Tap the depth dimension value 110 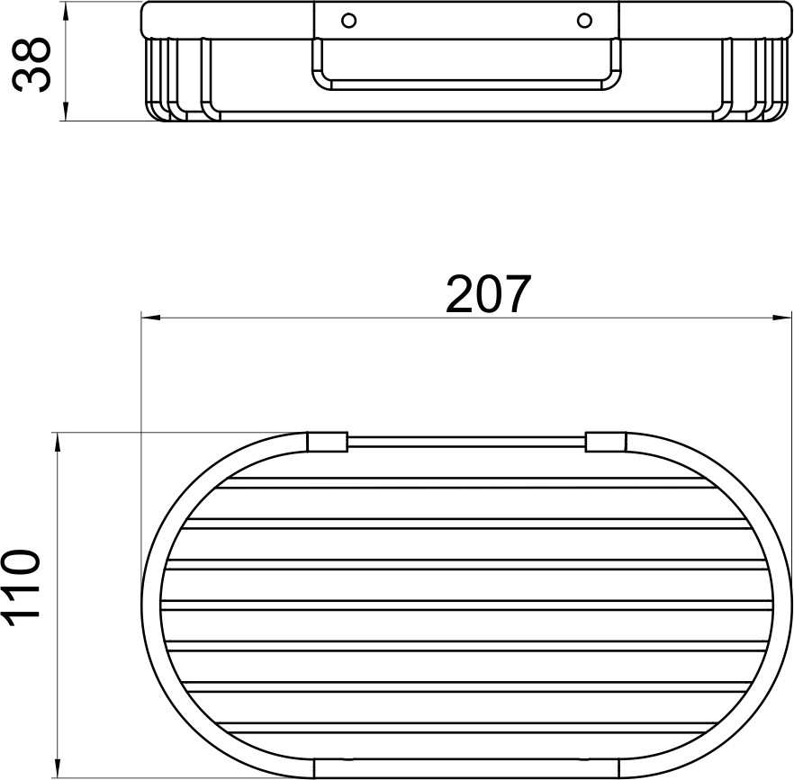coord(23,587)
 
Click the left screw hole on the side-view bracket coord(349,20)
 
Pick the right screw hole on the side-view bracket coord(584,20)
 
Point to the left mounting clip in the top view coord(327,442)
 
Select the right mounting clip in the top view coord(605,442)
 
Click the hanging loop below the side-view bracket coord(466,85)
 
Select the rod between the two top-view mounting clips coord(466,442)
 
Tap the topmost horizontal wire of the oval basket coord(466,483)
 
